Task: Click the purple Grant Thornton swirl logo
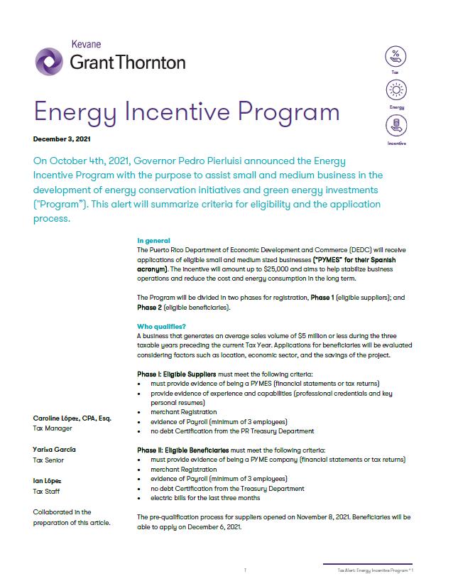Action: pyautogui.click(x=48, y=61)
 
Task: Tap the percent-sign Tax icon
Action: pyautogui.click(x=395, y=56)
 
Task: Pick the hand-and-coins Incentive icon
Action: pyautogui.click(x=395, y=126)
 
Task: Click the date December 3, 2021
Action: pyautogui.click(x=62, y=139)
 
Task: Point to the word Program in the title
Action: pyautogui.click(x=286, y=112)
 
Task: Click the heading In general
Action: pyautogui.click(x=153, y=241)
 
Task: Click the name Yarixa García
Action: pyautogui.click(x=55, y=450)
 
